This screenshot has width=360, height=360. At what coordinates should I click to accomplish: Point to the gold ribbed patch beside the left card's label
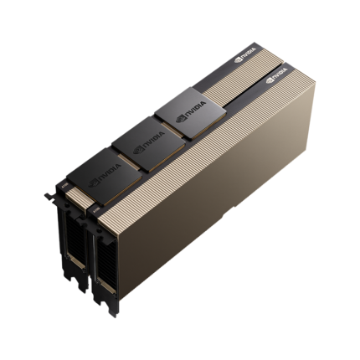(x=74, y=194)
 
